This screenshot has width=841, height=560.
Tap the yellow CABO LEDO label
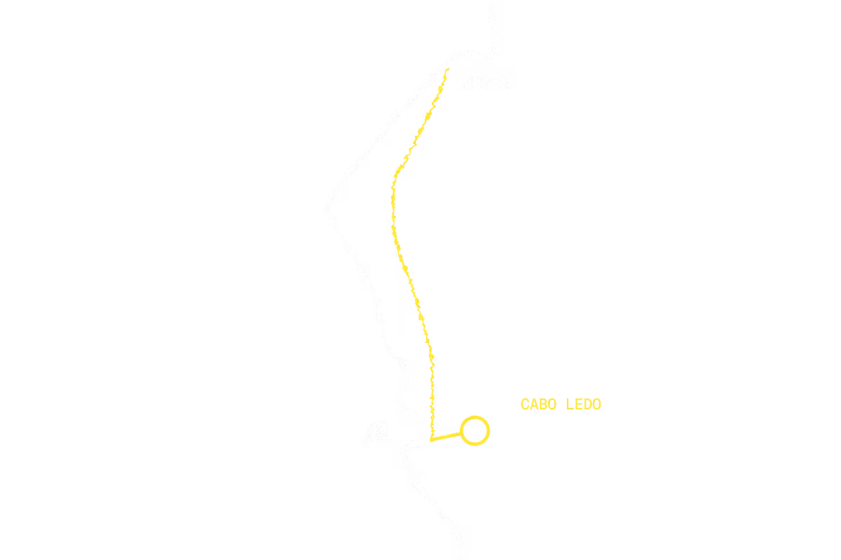pyautogui.click(x=561, y=405)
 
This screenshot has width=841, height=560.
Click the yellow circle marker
pyautogui.click(x=474, y=418)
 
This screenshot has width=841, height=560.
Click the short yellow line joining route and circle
pyautogui.click(x=446, y=437)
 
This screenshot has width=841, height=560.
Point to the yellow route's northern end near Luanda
pyautogui.click(x=447, y=69)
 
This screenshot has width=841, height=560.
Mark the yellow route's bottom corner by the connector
pyautogui.click(x=431, y=440)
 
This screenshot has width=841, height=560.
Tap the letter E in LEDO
pyautogui.click(x=579, y=405)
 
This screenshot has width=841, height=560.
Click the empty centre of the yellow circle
pyautogui.click(x=474, y=430)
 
